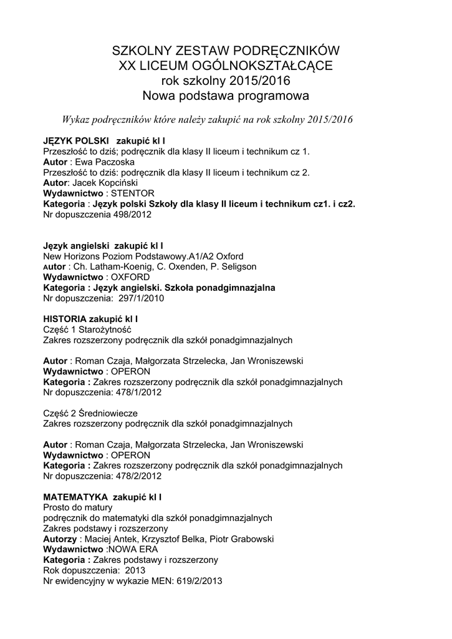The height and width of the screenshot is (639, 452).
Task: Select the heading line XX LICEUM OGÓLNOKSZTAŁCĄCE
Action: [x=226, y=66]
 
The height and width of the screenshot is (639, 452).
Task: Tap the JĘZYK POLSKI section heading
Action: [x=77, y=140]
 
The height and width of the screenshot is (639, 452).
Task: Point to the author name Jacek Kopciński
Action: [x=113, y=183]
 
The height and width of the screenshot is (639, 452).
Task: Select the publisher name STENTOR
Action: [x=133, y=193]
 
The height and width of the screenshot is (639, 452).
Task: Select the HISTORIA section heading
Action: [x=65, y=319]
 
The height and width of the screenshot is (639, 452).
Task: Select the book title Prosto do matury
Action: [x=78, y=508]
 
